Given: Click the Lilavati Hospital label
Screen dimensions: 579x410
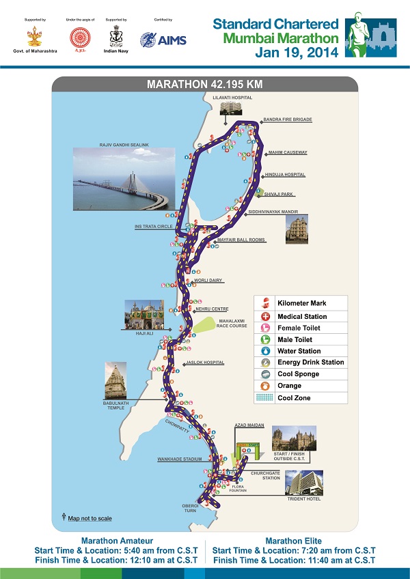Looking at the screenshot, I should (232, 98).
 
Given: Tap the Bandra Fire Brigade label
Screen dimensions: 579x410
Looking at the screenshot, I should (288, 119).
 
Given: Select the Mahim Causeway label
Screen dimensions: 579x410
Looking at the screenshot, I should (288, 152).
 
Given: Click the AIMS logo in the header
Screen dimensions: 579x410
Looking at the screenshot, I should (159, 39).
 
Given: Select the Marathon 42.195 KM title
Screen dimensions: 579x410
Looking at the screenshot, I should (205, 85).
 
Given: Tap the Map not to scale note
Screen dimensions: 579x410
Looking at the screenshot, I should (90, 518).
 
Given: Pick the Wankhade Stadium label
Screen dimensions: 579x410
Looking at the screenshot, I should (179, 460).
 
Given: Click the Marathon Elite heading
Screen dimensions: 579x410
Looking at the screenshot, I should (294, 541).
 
